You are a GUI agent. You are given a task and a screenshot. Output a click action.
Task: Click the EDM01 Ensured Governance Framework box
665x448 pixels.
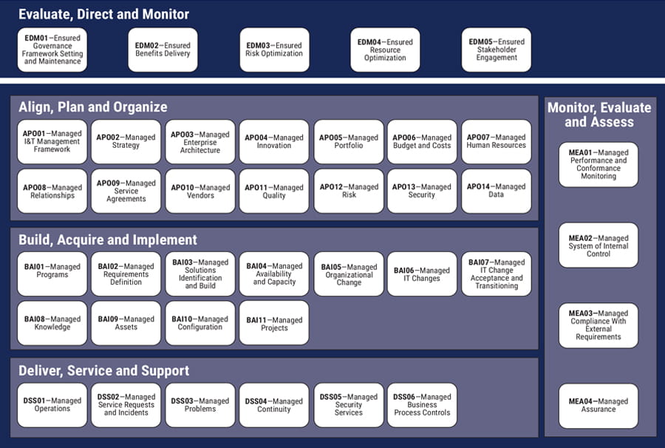click(x=52, y=50)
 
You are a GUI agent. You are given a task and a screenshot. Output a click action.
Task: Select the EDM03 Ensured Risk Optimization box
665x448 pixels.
click(x=274, y=50)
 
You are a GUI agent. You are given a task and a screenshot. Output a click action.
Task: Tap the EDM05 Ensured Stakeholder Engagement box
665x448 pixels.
click(x=497, y=50)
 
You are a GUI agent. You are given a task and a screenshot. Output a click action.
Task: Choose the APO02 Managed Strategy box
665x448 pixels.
click(x=126, y=141)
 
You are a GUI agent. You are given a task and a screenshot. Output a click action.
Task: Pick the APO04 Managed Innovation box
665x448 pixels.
click(x=274, y=141)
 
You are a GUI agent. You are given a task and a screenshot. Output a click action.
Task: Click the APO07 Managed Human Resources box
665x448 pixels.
click(x=497, y=141)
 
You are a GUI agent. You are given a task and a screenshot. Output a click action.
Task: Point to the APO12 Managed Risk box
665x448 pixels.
click(x=349, y=191)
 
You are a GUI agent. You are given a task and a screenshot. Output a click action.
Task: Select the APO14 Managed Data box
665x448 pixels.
click(x=497, y=191)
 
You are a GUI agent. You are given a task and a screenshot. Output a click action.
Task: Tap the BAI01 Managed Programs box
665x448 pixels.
click(x=52, y=274)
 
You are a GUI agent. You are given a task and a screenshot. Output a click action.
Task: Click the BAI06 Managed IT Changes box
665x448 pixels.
click(x=423, y=274)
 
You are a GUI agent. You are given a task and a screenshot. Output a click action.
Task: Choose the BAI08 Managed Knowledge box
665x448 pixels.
click(x=52, y=323)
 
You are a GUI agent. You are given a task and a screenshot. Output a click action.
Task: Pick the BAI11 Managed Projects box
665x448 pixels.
click(x=274, y=323)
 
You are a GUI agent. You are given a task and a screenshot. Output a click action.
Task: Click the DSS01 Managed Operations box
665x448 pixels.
click(x=52, y=404)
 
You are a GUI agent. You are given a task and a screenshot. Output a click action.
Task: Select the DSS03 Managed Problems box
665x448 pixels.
click(x=200, y=404)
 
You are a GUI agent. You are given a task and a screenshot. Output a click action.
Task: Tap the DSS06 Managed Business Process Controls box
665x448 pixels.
click(x=423, y=404)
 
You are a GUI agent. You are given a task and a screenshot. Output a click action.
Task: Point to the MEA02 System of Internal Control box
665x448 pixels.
click(x=598, y=245)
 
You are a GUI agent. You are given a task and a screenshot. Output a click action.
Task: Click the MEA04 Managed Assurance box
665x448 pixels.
click(x=598, y=405)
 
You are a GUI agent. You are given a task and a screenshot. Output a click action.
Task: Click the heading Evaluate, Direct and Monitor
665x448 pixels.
click(x=103, y=14)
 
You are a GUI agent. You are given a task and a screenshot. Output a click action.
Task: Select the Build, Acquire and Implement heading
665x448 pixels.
click(x=108, y=240)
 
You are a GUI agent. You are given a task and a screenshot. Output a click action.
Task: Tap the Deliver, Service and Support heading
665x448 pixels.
click(x=103, y=370)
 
